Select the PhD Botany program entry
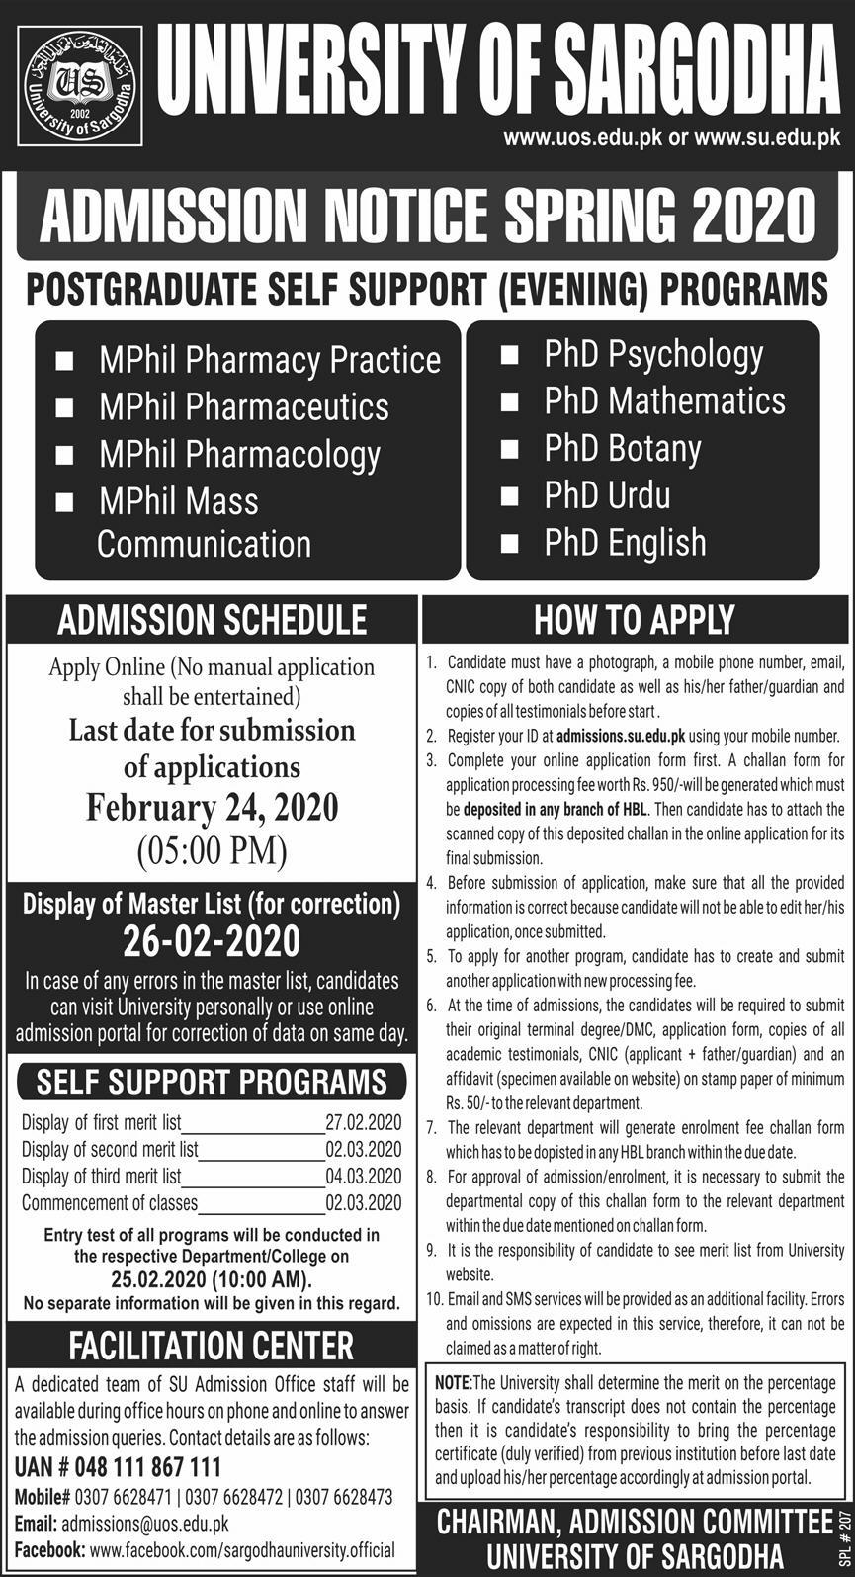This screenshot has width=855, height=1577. [x=622, y=449]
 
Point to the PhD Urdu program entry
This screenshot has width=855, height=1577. [x=607, y=495]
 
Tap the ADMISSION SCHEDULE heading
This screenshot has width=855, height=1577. [x=212, y=620]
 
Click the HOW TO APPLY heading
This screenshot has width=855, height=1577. [x=634, y=620]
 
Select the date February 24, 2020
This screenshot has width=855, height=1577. [x=212, y=808]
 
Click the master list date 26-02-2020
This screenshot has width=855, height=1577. [x=212, y=942]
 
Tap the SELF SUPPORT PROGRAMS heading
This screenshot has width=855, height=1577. [x=212, y=1082]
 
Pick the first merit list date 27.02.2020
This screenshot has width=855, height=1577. [x=364, y=1123]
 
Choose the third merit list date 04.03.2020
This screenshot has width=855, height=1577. [x=364, y=1177]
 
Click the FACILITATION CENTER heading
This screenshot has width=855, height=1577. [x=212, y=1347]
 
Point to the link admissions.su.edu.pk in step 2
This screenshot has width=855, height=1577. [x=621, y=736]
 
